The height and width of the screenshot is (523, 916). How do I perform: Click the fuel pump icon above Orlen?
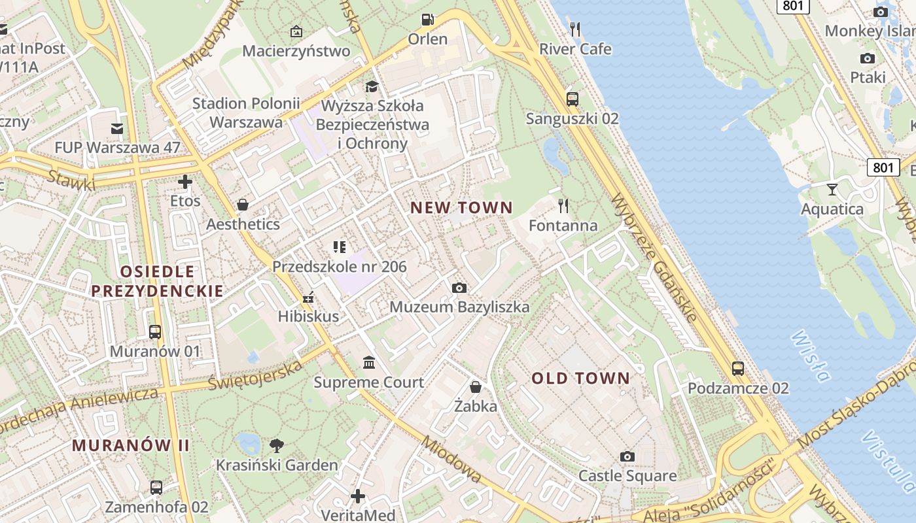coord(427,20)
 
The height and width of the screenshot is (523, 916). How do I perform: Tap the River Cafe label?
coord(575,49)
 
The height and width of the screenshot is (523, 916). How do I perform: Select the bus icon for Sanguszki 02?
coord(572,99)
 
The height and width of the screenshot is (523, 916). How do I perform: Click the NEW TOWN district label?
coord(461,208)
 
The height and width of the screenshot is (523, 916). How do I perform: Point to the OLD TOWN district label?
coord(580,378)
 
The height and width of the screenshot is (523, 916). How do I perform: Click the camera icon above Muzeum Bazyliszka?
coord(459,288)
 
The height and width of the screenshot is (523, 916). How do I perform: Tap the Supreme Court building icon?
coord(369,362)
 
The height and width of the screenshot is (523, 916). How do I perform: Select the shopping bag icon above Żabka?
coord(476,387)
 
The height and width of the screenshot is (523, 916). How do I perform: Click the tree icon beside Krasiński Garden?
coord(277,446)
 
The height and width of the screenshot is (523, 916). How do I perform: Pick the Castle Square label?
coord(627,475)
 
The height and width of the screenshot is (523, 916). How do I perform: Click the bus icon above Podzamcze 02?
coord(738,369)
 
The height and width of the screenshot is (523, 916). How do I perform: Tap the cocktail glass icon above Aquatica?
coord(832,190)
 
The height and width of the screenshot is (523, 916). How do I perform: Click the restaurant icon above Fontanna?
coord(563,206)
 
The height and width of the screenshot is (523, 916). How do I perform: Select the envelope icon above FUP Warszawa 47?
coord(117,128)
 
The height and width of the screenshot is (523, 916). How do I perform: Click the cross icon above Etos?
coord(185,181)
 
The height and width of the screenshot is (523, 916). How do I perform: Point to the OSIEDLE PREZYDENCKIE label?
coord(157,281)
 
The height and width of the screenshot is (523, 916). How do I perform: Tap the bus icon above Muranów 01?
coord(155,332)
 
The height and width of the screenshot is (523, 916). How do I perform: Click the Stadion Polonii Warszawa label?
coord(246,112)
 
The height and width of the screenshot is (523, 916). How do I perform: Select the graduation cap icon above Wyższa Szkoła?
coord(372,86)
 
